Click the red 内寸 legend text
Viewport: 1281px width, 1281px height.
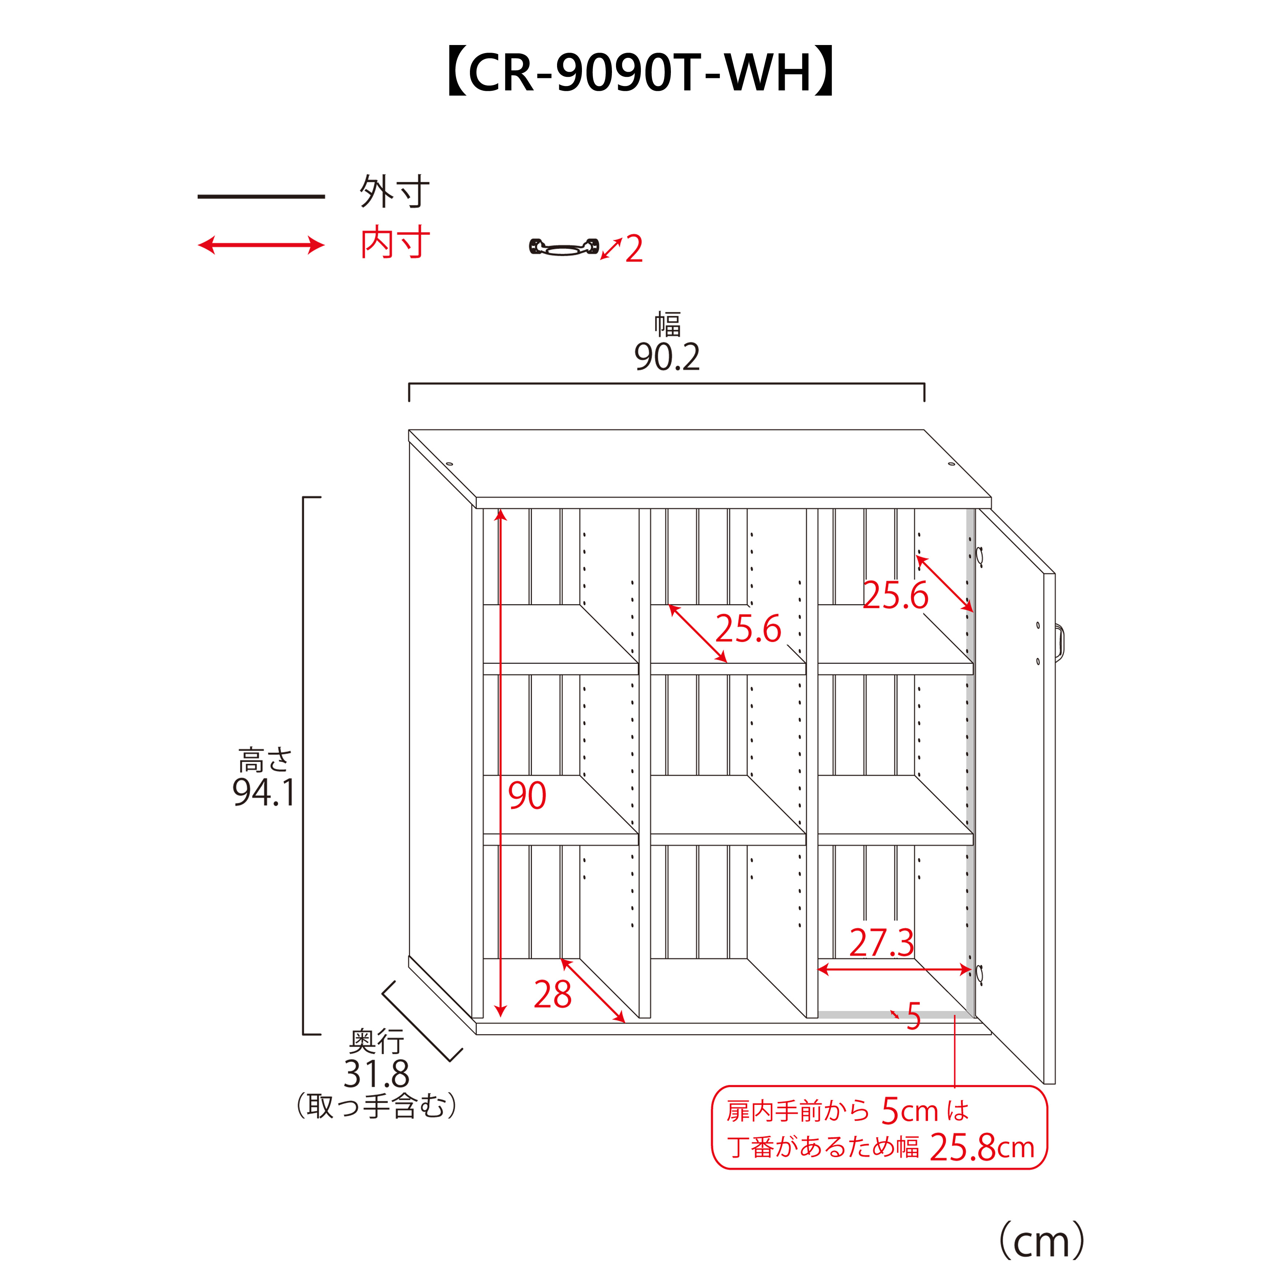point(395,243)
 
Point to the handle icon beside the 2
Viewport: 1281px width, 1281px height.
point(564,247)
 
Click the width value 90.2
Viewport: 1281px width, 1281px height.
point(666,357)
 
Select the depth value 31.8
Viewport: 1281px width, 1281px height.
point(376,1074)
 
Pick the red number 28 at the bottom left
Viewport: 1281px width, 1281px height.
point(552,994)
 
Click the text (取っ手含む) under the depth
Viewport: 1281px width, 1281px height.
point(376,1106)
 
